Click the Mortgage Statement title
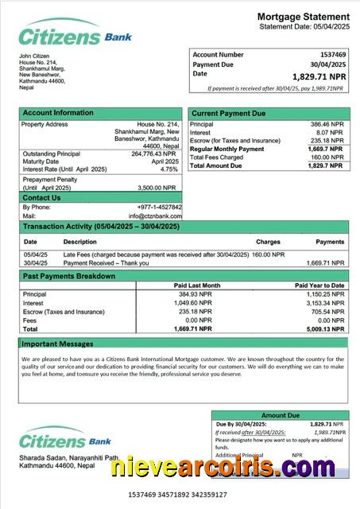click(303, 17)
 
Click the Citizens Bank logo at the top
click(75, 36)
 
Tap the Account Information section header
click(58, 113)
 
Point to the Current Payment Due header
click(229, 114)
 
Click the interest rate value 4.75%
click(168, 169)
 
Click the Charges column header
click(268, 241)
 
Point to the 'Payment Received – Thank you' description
click(110, 262)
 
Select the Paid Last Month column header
click(196, 285)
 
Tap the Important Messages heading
click(57, 344)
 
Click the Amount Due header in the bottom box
click(280, 415)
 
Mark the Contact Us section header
click(41, 197)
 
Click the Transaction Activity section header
click(102, 227)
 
